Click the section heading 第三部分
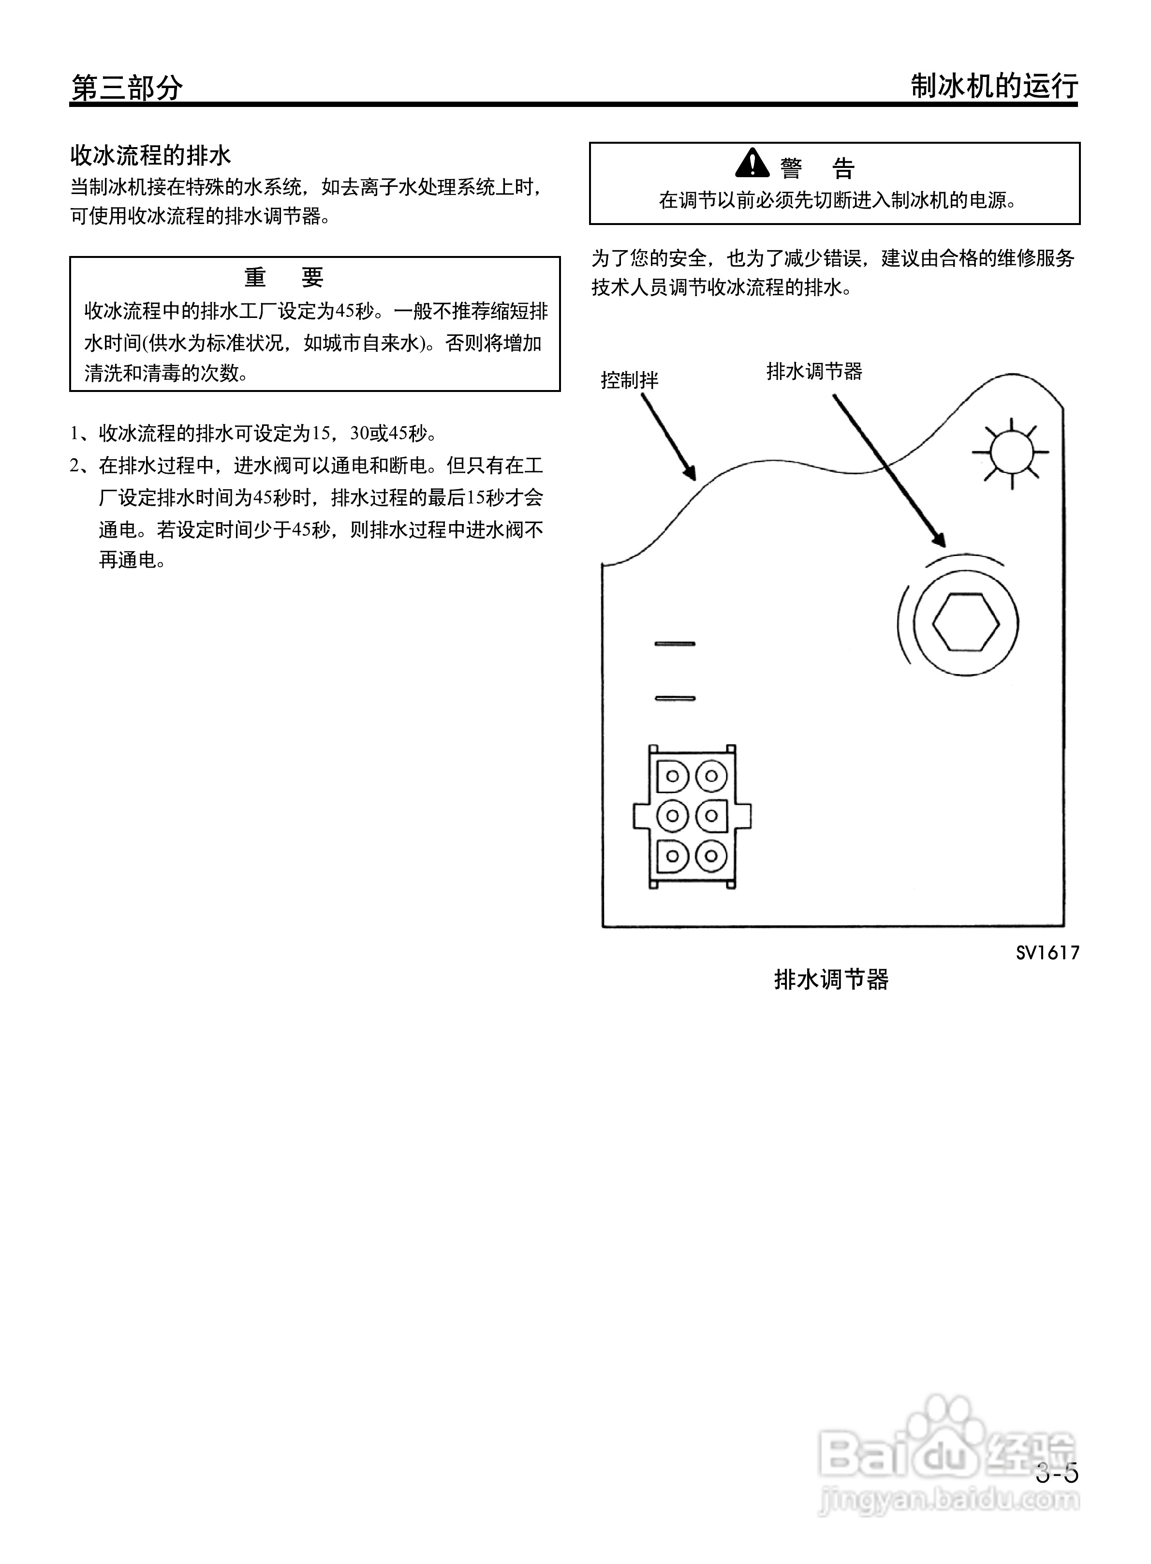point(127,88)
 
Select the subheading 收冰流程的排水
point(150,155)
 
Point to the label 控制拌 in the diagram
point(629,380)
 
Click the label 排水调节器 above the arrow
point(814,371)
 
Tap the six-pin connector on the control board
point(692,816)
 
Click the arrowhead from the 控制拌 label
point(689,473)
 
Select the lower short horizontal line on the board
point(675,698)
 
